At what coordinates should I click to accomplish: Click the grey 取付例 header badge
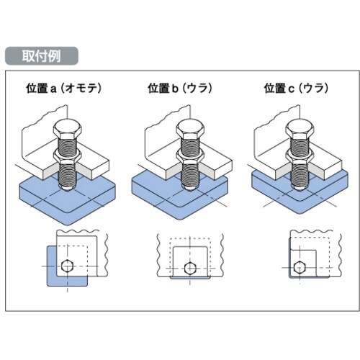(42, 56)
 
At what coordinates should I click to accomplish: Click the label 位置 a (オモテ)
(64, 88)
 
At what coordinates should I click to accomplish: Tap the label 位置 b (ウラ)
(180, 88)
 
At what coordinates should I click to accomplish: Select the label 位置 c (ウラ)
(296, 88)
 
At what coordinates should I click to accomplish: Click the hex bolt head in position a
(68, 130)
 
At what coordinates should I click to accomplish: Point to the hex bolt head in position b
(190, 130)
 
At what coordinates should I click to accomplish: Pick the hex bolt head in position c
(300, 130)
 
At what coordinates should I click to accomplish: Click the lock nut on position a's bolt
(67, 156)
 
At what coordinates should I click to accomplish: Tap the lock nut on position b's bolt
(190, 156)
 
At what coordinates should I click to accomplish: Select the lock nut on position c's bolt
(300, 156)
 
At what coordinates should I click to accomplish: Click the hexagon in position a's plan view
(67, 266)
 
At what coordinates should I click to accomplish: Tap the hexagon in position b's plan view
(190, 268)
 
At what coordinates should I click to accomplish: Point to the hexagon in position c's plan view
(300, 267)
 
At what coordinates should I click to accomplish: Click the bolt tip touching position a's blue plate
(67, 189)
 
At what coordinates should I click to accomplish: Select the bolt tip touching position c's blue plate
(300, 188)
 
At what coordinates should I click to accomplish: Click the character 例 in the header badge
(55, 56)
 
